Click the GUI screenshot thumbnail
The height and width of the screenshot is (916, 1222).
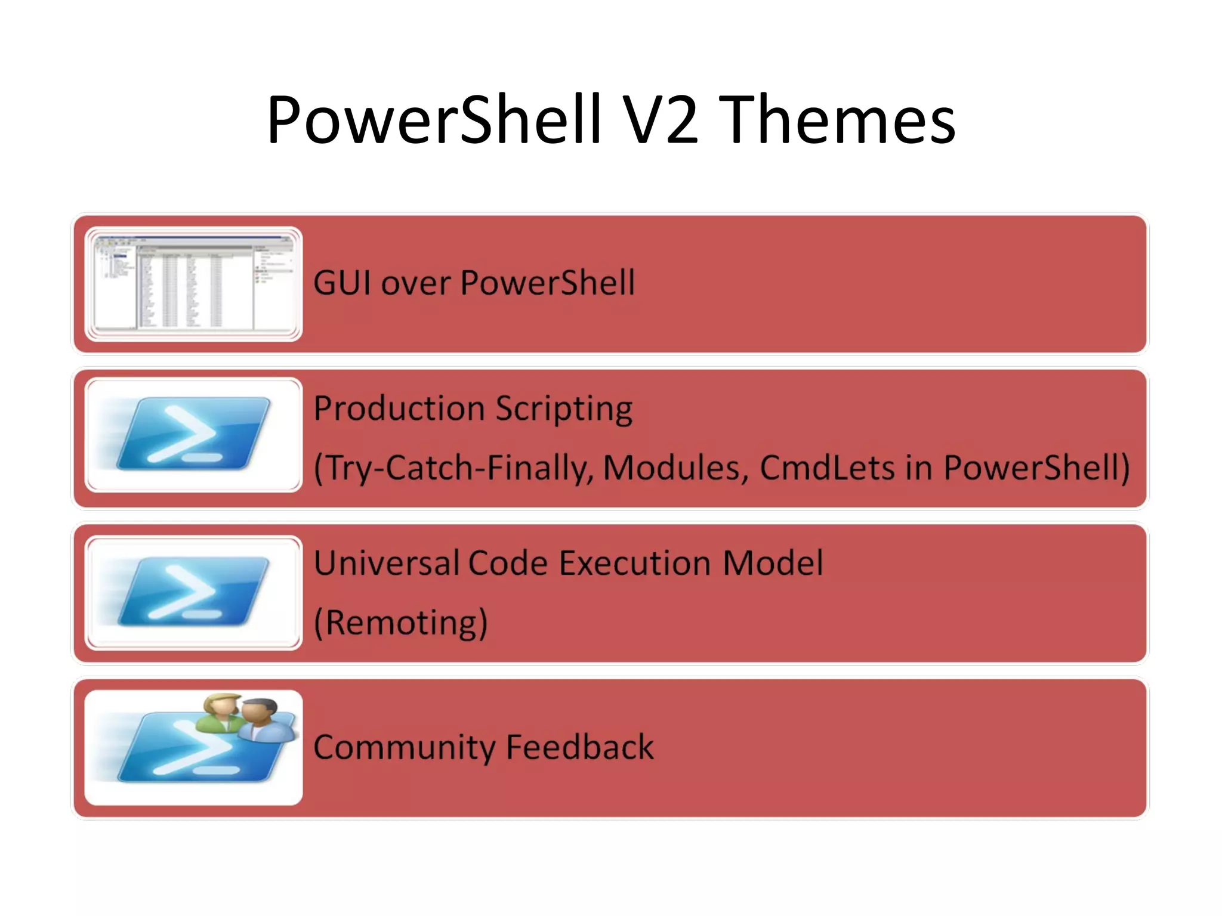pyautogui.click(x=193, y=284)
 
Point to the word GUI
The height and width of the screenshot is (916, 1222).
pyautogui.click(x=342, y=283)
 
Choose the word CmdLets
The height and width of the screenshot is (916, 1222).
pyautogui.click(x=827, y=468)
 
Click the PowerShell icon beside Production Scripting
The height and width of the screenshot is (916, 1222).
pyautogui.click(x=193, y=435)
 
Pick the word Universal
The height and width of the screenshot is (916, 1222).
pyautogui.click(x=385, y=563)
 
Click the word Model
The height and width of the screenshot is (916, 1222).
pyautogui.click(x=773, y=563)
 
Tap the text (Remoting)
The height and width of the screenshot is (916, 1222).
pyautogui.click(x=400, y=623)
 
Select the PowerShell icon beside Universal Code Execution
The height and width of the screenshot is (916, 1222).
pyautogui.click(x=193, y=592)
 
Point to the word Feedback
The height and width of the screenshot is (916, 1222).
pyautogui.click(x=579, y=747)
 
